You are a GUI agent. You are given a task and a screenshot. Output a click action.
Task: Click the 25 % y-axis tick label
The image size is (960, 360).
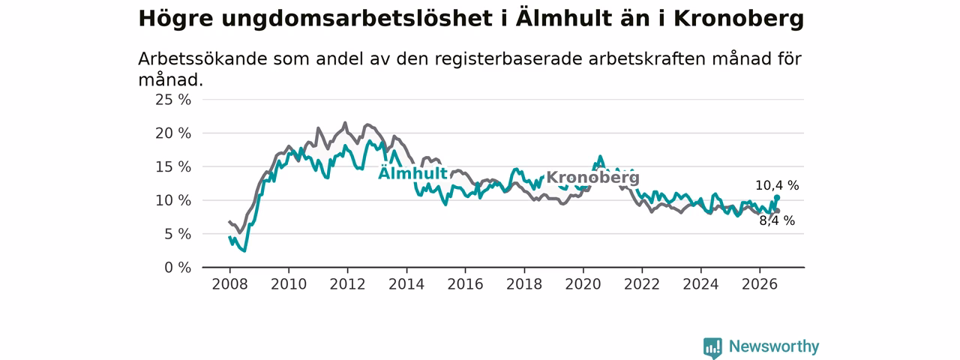[173, 100]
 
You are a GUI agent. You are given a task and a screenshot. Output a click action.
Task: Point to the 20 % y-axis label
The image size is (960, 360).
[173, 133]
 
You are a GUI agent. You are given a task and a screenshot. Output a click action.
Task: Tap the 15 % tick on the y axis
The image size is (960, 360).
[173, 166]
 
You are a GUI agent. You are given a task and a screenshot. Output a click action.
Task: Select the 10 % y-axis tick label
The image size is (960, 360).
[173, 200]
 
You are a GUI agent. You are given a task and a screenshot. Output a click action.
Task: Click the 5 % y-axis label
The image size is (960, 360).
[178, 234]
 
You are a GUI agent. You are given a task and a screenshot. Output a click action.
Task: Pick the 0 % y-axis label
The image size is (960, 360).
[178, 268]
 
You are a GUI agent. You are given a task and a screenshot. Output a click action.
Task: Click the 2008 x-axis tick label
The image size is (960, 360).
[229, 284]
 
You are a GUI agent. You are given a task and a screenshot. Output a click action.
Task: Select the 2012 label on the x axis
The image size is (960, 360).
[347, 284]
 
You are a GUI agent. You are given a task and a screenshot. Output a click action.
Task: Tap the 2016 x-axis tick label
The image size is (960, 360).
[466, 284]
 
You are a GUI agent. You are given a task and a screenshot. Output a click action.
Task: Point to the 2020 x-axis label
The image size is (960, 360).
[583, 284]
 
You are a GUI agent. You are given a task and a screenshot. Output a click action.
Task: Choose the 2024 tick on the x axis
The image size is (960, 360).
[700, 284]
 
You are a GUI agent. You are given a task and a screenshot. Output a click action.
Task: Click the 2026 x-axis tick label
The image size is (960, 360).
[760, 284]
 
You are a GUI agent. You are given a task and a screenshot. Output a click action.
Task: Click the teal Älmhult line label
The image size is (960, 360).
[413, 172]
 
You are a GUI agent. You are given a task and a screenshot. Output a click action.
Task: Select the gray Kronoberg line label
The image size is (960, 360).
[592, 177]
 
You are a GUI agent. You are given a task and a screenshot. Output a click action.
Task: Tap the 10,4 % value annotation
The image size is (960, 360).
[777, 185]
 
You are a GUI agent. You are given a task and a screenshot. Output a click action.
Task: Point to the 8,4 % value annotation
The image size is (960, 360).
[777, 220]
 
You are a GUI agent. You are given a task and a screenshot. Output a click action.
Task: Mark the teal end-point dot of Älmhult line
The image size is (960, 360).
[777, 197]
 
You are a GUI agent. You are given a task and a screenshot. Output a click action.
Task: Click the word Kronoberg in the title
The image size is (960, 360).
[739, 19]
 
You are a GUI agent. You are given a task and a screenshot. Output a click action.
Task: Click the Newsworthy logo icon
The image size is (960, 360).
[712, 347]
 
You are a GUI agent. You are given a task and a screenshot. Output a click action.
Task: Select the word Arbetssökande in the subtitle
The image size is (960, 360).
[202, 58]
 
